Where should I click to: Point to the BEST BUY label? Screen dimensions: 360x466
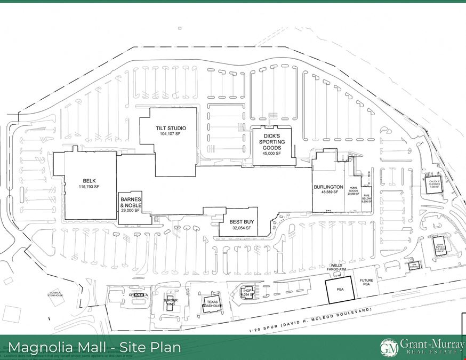click(x=240, y=220)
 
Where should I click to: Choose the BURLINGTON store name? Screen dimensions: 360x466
click(x=328, y=187)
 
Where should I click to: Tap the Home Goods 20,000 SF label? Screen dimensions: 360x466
click(x=353, y=190)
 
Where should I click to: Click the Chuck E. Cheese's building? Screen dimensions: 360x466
click(x=433, y=184)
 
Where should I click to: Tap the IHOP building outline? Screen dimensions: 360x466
click(x=246, y=292)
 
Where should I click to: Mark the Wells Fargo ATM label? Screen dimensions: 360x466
click(x=338, y=267)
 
